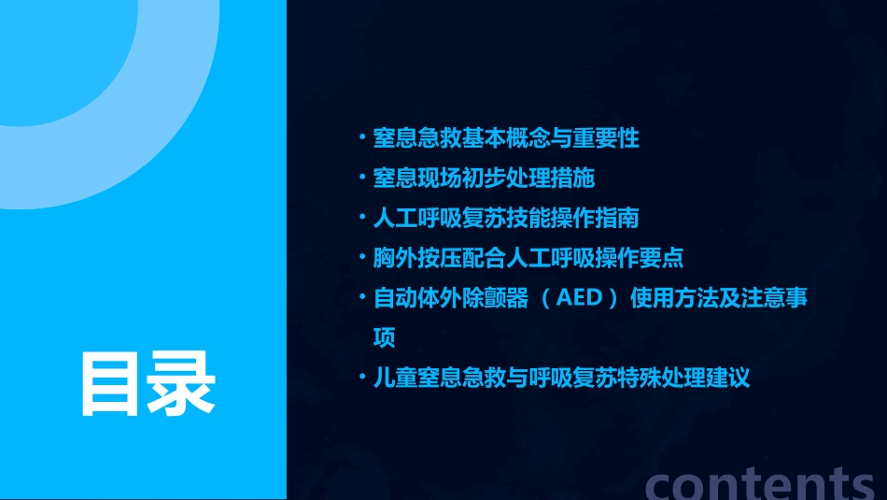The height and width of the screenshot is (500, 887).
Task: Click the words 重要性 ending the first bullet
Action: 617,138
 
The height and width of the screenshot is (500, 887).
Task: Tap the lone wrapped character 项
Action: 384,337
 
